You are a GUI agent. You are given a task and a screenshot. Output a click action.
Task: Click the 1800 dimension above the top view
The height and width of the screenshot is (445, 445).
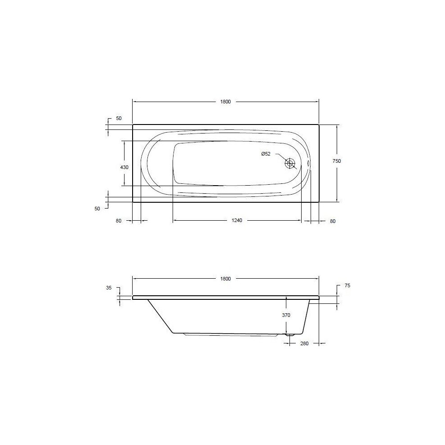pos(225,102)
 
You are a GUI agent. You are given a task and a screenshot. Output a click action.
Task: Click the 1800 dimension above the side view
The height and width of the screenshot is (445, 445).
pos(225,279)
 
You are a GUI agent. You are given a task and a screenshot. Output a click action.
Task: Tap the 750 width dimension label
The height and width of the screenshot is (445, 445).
pos(337,161)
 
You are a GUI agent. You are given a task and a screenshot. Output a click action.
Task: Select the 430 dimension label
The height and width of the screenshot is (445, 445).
pos(125,168)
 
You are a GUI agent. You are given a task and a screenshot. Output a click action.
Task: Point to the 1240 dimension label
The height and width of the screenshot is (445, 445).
pos(237,220)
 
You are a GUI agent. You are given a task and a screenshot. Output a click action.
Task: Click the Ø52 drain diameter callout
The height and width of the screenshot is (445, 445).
pos(266,154)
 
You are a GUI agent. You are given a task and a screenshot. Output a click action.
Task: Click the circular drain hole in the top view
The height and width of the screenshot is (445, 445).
pos(290,164)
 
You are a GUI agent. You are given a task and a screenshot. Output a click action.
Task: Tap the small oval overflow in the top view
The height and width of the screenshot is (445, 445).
pos(308,163)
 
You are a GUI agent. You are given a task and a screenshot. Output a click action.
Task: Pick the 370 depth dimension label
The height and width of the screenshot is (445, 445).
pos(286,315)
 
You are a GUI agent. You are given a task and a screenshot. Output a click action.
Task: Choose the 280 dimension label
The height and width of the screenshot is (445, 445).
pos(304,343)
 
